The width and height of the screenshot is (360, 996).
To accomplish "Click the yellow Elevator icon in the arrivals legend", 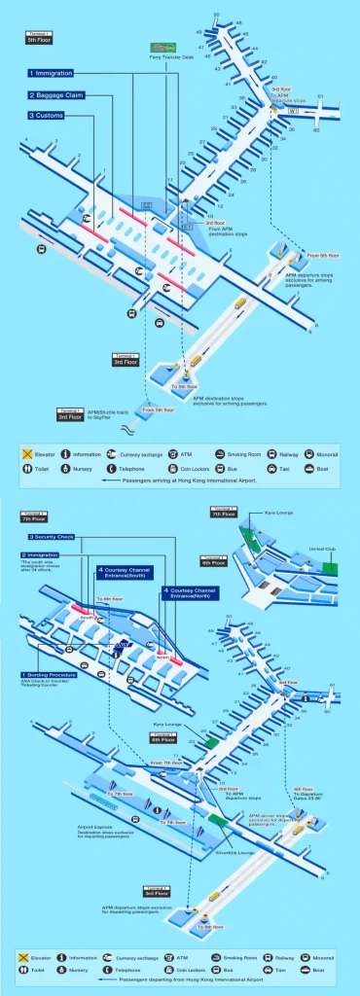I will [x=28, y=453].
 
